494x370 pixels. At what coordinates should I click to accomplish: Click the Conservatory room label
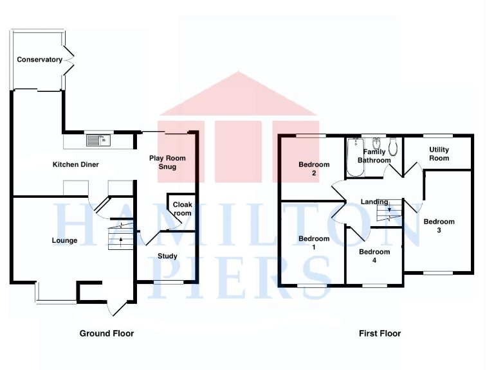tap(39, 60)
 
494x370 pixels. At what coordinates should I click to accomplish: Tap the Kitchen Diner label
tap(75, 164)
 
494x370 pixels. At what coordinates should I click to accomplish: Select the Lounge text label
tap(64, 241)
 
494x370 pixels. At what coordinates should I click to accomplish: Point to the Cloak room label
tap(182, 209)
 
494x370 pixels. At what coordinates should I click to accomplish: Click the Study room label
tap(167, 256)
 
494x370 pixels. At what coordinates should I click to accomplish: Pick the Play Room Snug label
tap(163, 163)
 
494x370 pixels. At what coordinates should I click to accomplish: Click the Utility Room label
tap(439, 154)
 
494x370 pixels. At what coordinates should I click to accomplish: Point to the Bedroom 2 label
tap(314, 169)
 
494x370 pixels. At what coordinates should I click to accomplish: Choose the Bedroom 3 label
tap(439, 226)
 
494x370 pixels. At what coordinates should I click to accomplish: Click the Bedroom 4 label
tap(374, 256)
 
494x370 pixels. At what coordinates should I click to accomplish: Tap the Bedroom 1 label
tap(314, 243)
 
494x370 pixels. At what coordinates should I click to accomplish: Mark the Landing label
tap(374, 202)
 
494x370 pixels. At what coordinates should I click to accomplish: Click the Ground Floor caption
tap(107, 333)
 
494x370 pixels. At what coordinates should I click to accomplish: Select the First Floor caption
tap(380, 333)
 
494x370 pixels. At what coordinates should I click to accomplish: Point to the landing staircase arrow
tap(389, 209)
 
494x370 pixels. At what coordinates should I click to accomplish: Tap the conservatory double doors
tap(68, 60)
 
